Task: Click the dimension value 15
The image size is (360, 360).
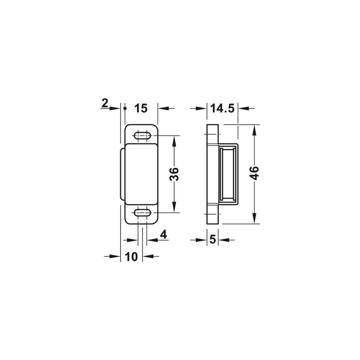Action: [141, 108]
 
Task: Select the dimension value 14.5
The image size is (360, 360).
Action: [222, 108]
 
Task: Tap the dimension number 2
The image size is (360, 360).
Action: [105, 103]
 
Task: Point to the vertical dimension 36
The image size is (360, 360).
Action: [174, 174]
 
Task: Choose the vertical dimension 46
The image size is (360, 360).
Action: [254, 173]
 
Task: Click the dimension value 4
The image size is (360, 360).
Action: [163, 234]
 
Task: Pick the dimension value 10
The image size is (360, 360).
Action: [131, 256]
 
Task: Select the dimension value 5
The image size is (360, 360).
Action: [212, 240]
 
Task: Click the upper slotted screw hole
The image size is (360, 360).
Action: [142, 135]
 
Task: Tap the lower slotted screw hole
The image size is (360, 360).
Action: [142, 212]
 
